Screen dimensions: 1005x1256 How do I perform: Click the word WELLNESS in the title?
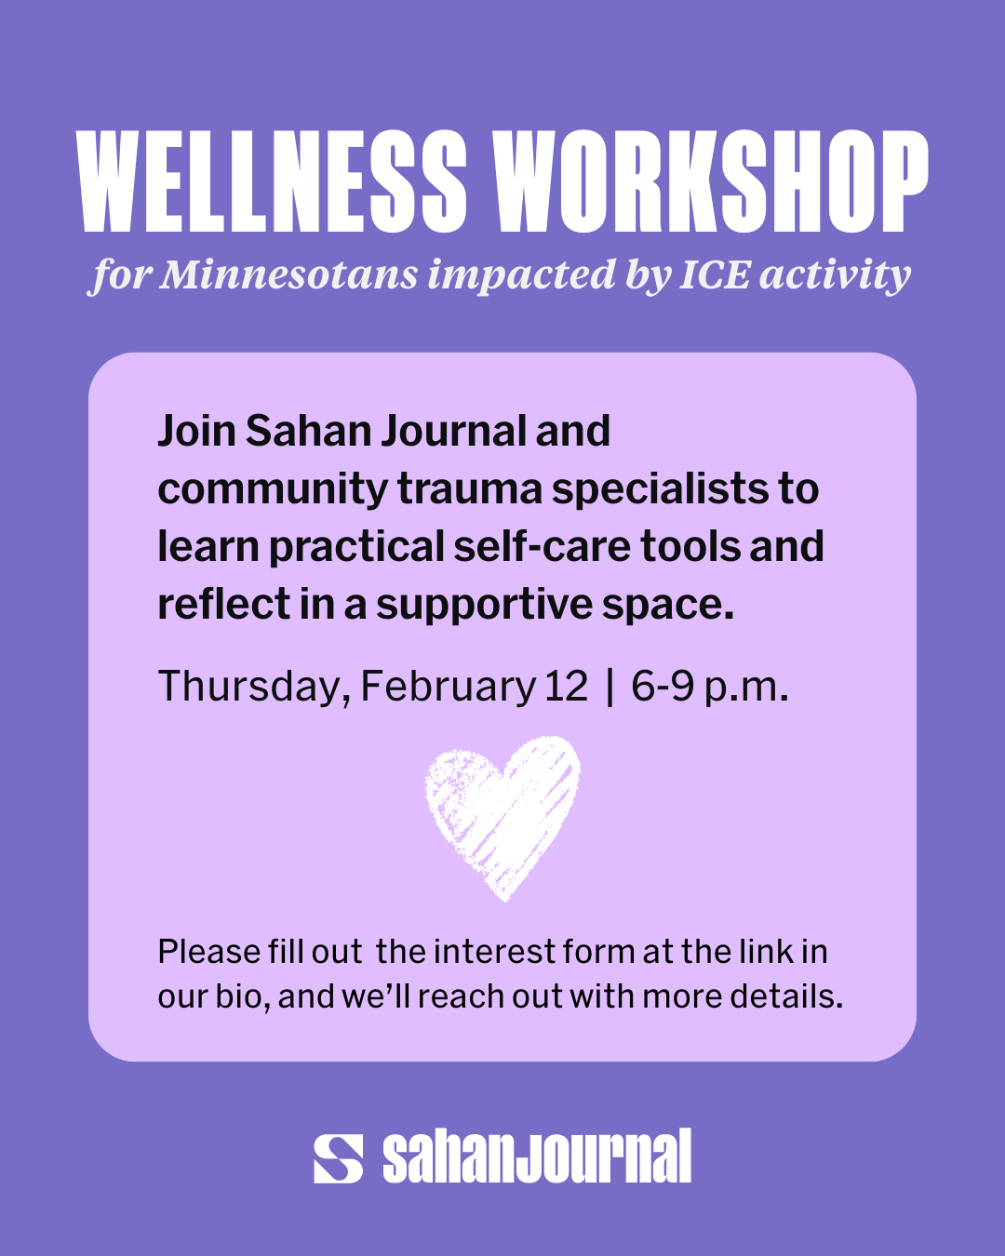point(272,180)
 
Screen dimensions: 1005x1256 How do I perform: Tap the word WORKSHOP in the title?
point(710,180)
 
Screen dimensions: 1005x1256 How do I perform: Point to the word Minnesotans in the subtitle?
point(289,274)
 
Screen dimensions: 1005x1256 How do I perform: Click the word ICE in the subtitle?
point(715,274)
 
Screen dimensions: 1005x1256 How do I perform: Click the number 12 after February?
point(566,687)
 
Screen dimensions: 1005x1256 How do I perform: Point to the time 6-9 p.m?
point(710,688)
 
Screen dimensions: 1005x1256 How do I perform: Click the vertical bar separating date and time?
point(610,687)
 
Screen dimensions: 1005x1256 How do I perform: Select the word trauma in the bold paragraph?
point(470,488)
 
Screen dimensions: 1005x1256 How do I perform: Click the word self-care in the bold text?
point(543,546)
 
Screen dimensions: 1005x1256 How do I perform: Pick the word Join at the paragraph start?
point(196,432)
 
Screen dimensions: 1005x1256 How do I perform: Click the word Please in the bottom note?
point(209,952)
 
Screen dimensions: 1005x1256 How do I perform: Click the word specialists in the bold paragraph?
point(660,489)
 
